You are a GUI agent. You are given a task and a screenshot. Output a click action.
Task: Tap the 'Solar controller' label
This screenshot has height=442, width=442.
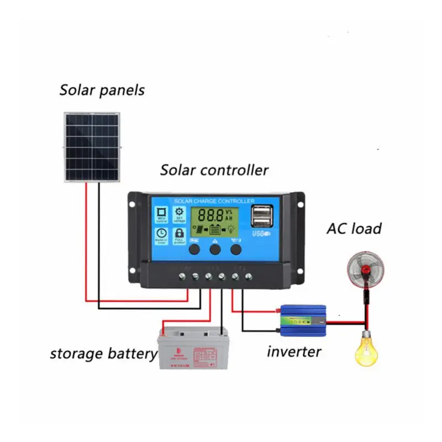(214, 170)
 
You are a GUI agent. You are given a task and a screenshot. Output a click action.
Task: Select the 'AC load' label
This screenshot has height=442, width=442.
(354, 228)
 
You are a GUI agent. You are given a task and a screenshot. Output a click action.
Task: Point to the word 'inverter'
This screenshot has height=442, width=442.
(294, 351)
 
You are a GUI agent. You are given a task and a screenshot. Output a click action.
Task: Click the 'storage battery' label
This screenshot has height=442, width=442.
(103, 354)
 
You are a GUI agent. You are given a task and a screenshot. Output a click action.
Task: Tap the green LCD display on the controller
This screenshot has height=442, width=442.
(215, 222)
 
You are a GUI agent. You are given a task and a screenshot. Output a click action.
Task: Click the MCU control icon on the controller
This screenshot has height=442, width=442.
(162, 215)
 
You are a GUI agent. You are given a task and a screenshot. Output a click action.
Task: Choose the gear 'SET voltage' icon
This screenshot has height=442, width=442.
(180, 215)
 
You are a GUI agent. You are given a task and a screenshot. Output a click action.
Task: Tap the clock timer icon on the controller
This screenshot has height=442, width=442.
(161, 236)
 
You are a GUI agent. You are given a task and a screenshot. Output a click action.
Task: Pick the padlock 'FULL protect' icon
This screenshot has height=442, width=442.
(180, 236)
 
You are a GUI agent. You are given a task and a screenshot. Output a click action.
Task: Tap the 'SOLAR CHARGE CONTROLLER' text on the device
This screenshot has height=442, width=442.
(214, 201)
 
